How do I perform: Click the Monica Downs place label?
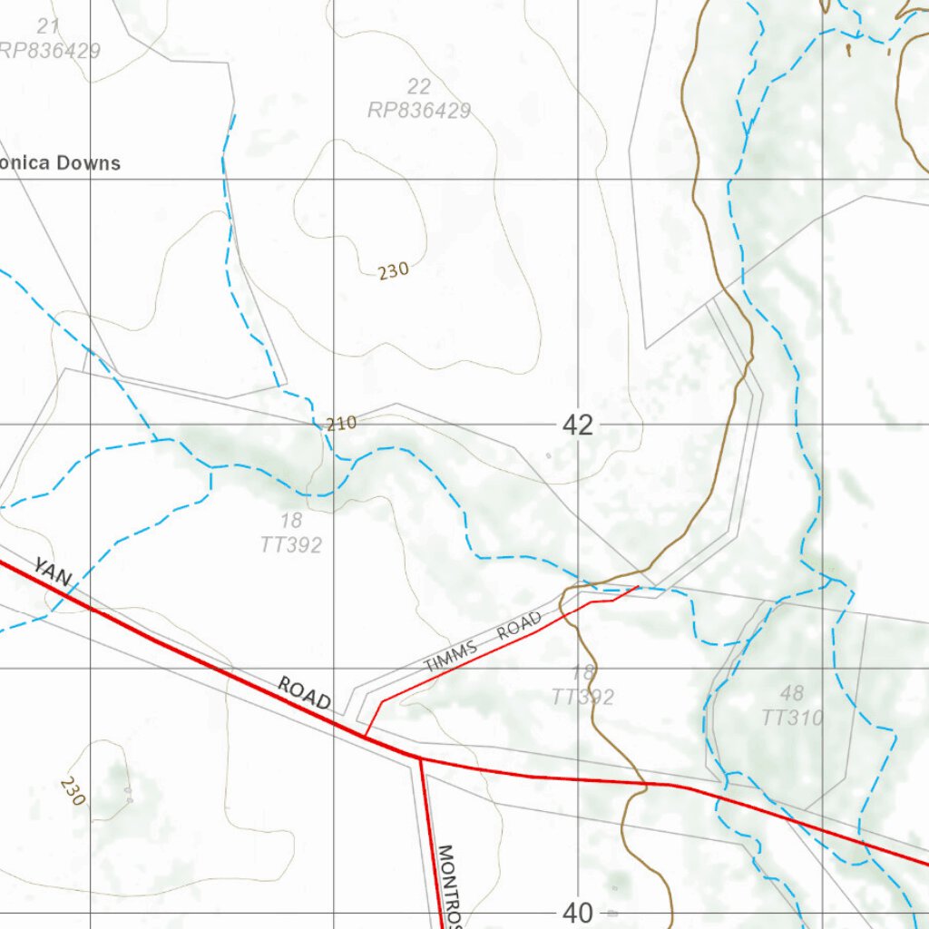(60, 163)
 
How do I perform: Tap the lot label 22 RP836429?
(418, 99)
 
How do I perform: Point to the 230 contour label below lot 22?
(394, 269)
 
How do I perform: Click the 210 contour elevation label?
(341, 423)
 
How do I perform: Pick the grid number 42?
(578, 425)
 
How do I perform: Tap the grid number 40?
(578, 913)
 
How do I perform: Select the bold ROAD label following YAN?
(304, 694)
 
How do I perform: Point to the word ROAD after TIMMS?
(519, 626)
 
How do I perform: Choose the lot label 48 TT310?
(792, 706)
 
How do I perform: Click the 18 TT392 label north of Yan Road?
(291, 533)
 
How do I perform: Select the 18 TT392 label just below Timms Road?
(582, 685)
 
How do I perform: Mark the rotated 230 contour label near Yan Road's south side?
(73, 791)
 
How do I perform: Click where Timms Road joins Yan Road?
(365, 736)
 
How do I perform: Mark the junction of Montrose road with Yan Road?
(419, 757)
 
